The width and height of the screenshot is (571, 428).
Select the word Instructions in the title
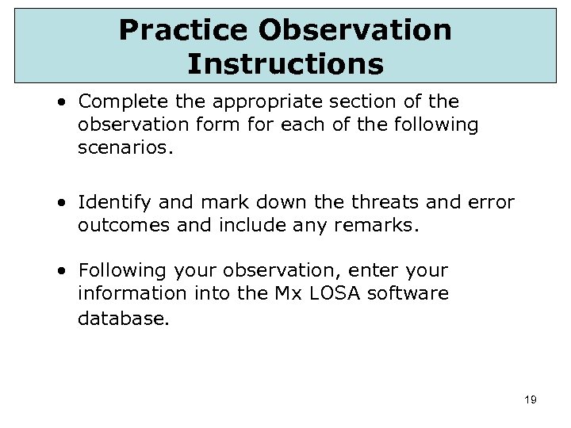tap(285, 63)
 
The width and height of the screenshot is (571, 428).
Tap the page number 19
tap(531, 400)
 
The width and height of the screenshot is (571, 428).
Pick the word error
tap(491, 203)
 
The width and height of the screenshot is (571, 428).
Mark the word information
tap(125, 293)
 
